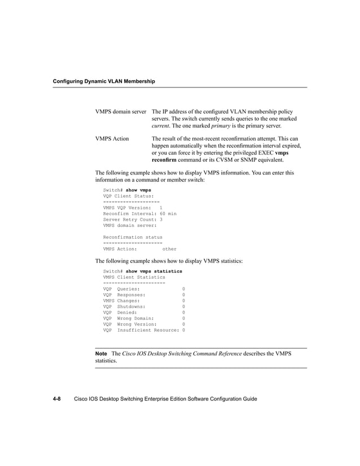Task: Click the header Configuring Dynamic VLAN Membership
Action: coord(103,82)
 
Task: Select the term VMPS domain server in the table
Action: coord(121,111)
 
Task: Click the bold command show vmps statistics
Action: coord(153,271)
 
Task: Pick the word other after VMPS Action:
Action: coord(169,249)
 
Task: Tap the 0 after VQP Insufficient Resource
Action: coord(183,330)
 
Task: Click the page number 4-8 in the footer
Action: coord(57,399)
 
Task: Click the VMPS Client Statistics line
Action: coord(134,277)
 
